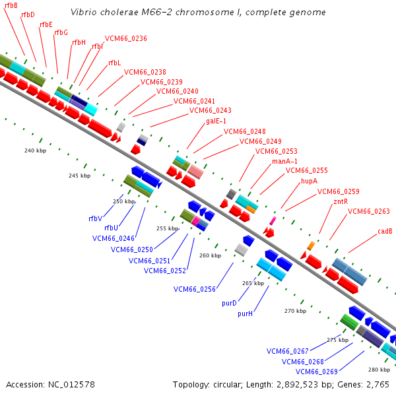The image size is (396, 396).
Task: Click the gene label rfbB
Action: (11, 5)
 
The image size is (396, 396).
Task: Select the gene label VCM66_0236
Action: (126, 38)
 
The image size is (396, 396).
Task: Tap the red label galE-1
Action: (216, 121)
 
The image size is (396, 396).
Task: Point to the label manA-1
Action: (284, 161)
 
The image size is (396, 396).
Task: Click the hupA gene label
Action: (309, 181)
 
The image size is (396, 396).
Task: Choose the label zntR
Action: (341, 201)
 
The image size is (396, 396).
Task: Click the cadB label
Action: (385, 232)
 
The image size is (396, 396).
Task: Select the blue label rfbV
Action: (96, 218)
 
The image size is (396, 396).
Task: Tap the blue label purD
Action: (229, 303)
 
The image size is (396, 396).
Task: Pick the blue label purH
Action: (245, 313)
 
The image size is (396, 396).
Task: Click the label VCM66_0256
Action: (195, 289)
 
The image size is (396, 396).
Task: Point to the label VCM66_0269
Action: (316, 372)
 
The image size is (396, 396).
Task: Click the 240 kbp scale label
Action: (36, 150)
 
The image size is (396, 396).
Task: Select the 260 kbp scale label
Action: (210, 255)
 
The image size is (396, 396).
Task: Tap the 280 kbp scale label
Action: (379, 370)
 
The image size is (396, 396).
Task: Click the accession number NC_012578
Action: (71, 385)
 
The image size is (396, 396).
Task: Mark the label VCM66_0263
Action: (369, 211)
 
